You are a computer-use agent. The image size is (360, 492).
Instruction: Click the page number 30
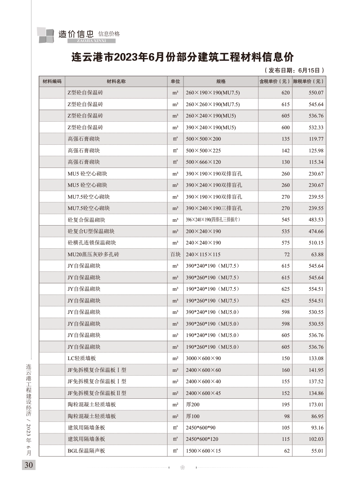click(x=28, y=465)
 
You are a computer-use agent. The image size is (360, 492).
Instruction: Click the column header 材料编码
click(x=52, y=81)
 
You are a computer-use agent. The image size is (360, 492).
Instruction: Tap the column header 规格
click(x=221, y=81)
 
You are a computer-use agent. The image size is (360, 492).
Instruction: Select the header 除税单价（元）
click(x=309, y=81)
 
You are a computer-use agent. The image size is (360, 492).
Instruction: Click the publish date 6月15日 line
click(x=294, y=70)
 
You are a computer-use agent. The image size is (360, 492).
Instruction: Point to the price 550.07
click(x=316, y=93)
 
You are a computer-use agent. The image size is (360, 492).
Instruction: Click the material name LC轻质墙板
click(x=81, y=359)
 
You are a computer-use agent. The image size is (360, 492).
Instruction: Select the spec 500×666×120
click(x=203, y=162)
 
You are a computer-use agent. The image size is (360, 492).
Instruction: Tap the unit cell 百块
click(x=175, y=254)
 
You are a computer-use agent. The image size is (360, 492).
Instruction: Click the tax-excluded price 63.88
click(x=318, y=254)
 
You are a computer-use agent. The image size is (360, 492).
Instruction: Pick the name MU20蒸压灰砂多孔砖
click(x=93, y=254)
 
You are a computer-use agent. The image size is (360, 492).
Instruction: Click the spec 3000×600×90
click(x=203, y=359)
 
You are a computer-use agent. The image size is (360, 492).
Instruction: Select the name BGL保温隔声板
click(x=86, y=451)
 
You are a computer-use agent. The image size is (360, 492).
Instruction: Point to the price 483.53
click(x=316, y=220)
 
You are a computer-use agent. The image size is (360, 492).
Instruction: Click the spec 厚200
click(x=193, y=405)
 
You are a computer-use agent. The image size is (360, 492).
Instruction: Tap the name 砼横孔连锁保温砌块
click(x=92, y=243)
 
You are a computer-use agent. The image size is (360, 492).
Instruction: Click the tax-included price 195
click(x=285, y=405)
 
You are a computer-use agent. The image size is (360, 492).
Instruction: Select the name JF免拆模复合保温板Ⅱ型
click(x=97, y=393)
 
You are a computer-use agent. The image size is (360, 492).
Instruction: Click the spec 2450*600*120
click(x=202, y=439)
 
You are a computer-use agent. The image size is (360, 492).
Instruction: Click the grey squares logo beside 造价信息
click(x=46, y=35)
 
